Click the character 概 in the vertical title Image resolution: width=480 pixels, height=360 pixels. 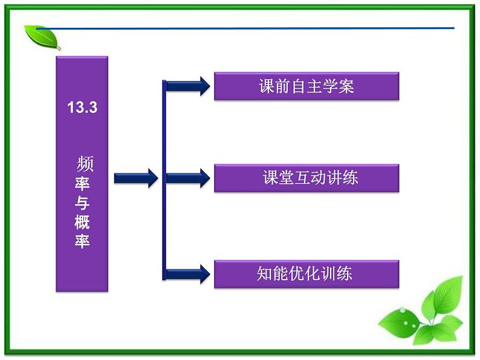click(82, 222)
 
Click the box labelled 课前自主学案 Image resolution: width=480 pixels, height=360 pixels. click(306, 86)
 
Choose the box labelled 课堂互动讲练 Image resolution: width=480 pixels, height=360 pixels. click(306, 178)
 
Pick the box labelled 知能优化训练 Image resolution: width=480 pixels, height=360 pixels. click(306, 274)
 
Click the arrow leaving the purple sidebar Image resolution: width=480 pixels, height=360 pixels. click(135, 178)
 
